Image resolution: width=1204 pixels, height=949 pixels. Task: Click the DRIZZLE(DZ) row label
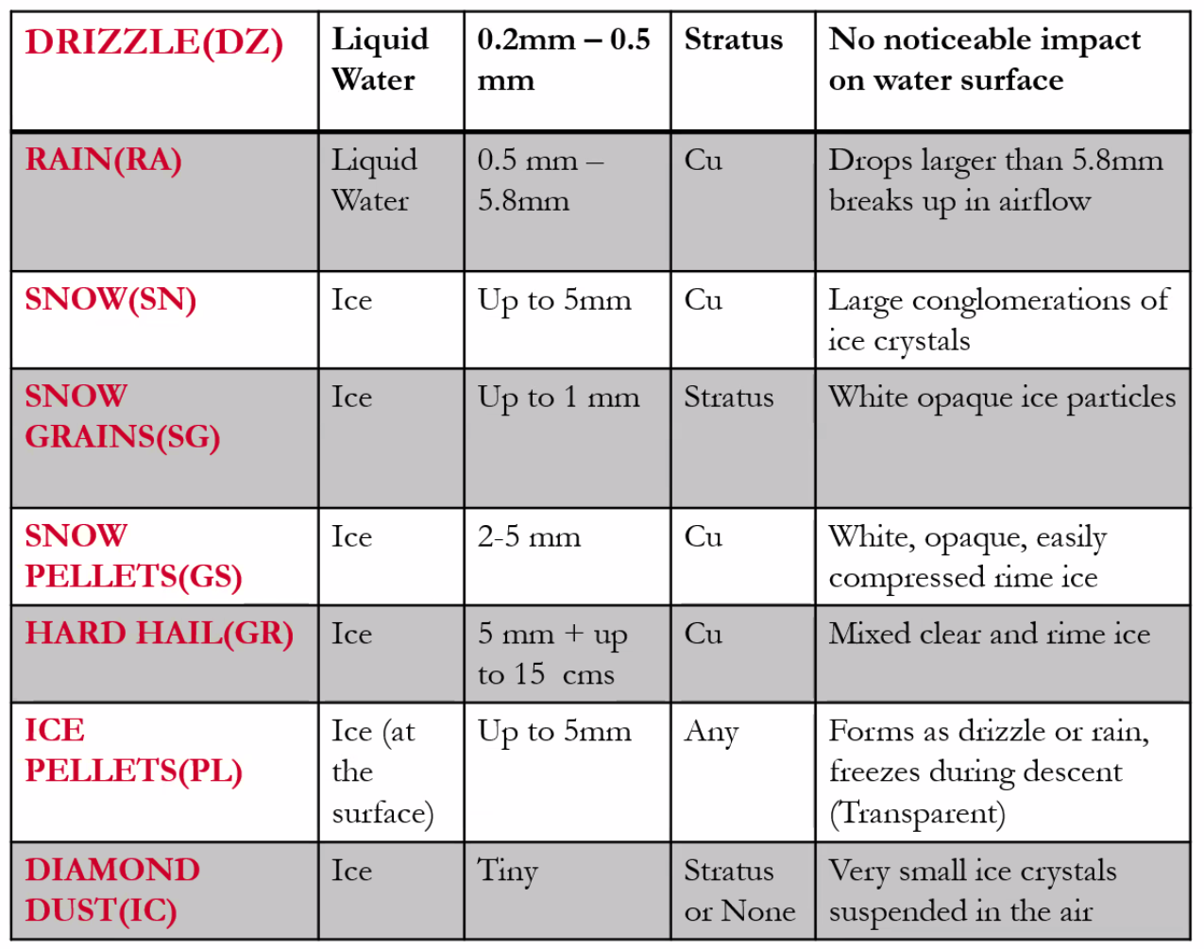154,43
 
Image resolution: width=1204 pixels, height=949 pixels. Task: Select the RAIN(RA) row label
103,161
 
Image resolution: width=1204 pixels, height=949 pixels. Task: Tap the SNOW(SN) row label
110,300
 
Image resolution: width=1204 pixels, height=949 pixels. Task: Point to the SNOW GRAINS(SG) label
122,416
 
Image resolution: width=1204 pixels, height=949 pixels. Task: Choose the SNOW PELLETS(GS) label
133,556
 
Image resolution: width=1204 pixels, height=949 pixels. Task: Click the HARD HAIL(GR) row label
159,634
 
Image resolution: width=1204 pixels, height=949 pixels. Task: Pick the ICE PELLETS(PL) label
133,751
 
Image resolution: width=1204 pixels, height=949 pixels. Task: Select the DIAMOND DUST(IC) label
112,890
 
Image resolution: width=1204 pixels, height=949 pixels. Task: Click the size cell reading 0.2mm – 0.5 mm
563,59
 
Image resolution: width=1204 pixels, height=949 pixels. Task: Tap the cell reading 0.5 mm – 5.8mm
539,180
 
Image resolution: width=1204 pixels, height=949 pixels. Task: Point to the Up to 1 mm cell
558,398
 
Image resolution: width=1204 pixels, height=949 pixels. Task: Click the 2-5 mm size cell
529,538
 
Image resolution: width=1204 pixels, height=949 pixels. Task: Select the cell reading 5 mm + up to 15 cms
551,654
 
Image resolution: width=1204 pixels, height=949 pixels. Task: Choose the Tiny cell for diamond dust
507,871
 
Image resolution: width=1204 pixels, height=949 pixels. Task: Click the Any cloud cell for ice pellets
710,733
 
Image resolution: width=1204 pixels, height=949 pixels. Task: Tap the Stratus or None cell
739,890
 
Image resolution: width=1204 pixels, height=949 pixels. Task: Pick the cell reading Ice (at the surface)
382,772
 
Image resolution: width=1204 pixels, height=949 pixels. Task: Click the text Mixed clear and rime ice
989,634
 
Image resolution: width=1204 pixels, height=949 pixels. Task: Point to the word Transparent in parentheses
917,814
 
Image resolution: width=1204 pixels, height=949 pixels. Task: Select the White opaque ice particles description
1001,398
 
